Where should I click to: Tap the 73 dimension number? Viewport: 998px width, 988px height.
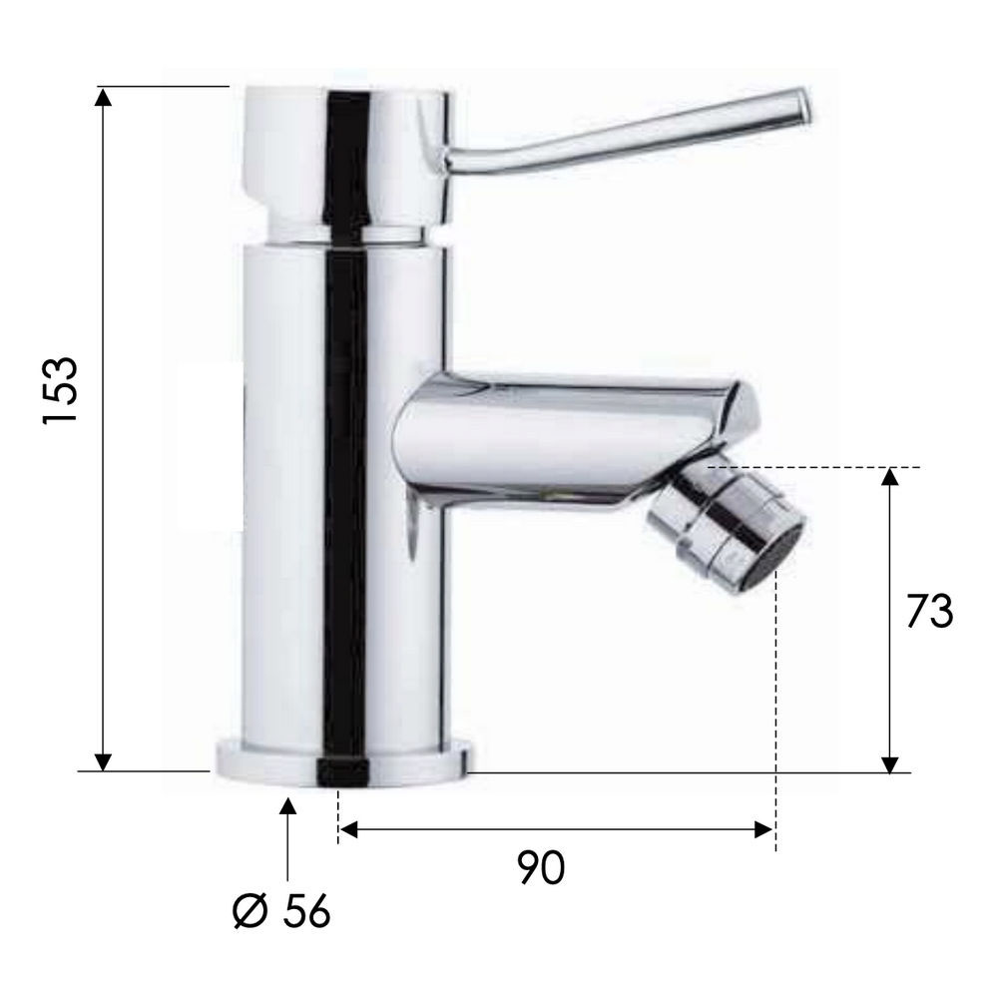[x=930, y=611]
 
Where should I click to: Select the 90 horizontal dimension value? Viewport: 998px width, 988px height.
[x=540, y=866]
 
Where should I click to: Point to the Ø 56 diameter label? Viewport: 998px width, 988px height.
[x=281, y=911]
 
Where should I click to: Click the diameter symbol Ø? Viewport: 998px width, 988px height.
[x=249, y=911]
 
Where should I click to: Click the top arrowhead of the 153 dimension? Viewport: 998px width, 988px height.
[x=103, y=97]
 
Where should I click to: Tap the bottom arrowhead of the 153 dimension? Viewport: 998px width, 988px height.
[x=103, y=761]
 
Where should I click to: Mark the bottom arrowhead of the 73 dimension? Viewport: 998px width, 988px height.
[x=890, y=763]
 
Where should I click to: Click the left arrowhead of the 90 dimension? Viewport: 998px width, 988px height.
[x=349, y=829]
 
